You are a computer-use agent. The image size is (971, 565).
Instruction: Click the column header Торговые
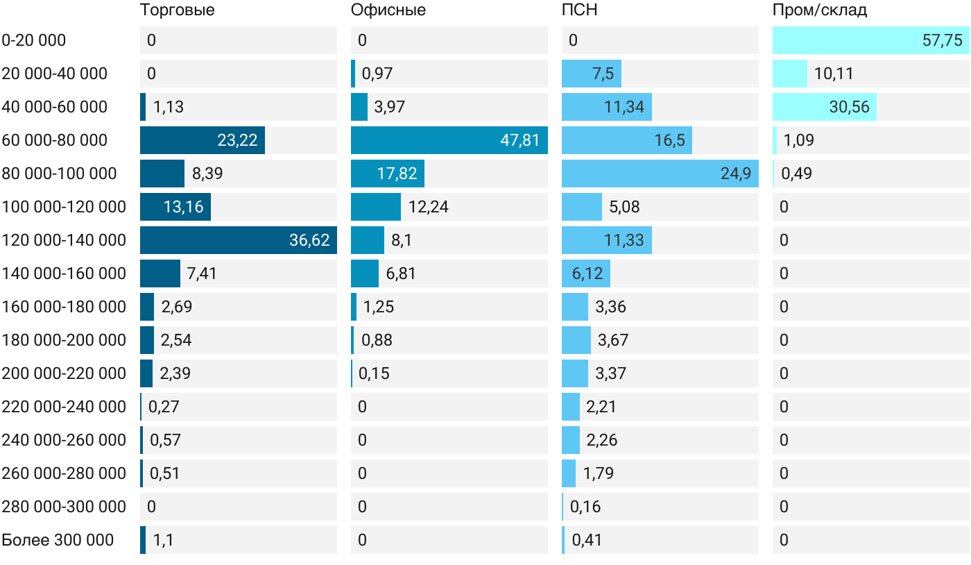click(x=178, y=10)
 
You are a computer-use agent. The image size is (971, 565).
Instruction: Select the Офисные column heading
click(x=388, y=10)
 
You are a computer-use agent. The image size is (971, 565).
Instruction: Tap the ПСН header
click(x=579, y=10)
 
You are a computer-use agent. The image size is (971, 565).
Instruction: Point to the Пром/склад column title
click(x=819, y=10)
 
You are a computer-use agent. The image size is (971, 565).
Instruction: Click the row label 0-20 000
click(x=34, y=40)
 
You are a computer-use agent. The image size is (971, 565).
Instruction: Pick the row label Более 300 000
click(x=58, y=540)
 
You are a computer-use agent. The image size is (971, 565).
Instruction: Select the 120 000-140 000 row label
click(x=64, y=240)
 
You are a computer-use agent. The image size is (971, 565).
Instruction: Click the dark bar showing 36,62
click(x=239, y=240)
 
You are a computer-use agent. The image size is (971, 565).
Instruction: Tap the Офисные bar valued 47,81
click(x=449, y=140)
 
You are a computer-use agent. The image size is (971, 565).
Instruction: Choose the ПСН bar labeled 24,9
click(x=660, y=174)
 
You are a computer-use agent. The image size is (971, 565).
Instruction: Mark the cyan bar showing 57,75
click(x=871, y=40)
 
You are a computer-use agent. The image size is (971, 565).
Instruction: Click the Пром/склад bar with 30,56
click(x=825, y=107)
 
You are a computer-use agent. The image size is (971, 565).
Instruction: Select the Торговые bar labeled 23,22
click(x=203, y=140)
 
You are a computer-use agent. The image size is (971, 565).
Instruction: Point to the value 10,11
click(x=834, y=74)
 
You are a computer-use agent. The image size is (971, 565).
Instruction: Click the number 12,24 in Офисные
click(x=429, y=207)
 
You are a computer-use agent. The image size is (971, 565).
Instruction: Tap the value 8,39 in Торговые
click(x=207, y=174)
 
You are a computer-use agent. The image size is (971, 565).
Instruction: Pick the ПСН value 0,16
click(x=585, y=507)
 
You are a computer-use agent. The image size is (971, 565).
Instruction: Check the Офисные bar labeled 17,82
click(x=388, y=174)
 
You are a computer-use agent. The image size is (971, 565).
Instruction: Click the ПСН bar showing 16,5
click(x=627, y=140)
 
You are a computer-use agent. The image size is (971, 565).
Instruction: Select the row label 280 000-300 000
click(x=64, y=507)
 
